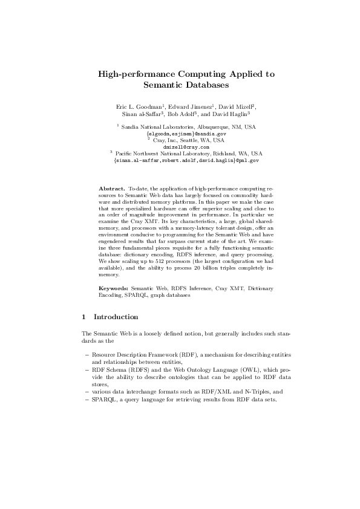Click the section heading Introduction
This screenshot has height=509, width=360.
click(116, 317)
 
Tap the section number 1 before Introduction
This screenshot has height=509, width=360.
click(83, 317)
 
